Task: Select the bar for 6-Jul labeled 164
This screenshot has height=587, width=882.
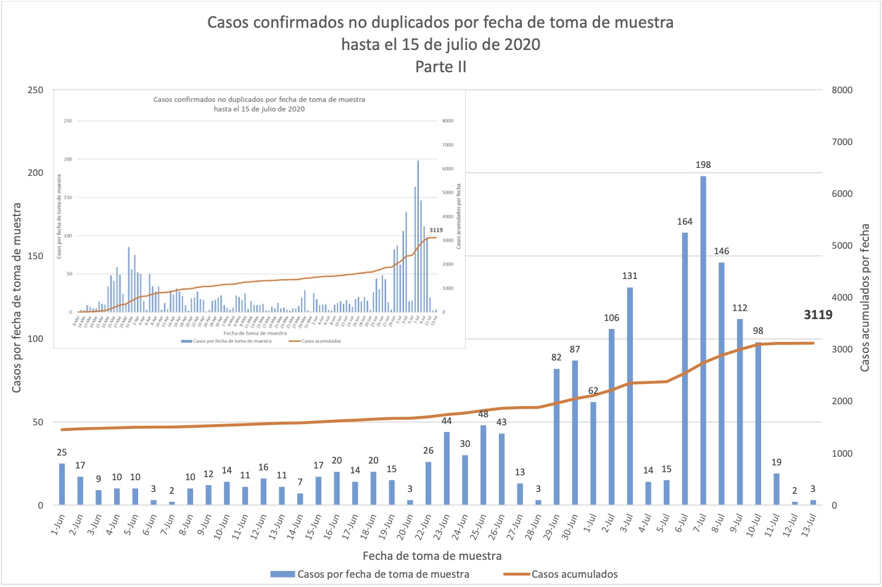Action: pos(685,368)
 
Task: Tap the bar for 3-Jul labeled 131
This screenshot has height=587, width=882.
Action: pos(630,396)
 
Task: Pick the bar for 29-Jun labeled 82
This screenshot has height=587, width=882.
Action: pos(556,436)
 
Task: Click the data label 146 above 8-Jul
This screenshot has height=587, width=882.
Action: pos(721,251)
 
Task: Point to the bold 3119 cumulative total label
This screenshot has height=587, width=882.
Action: pos(818,315)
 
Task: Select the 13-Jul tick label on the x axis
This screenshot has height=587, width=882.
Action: pos(809,526)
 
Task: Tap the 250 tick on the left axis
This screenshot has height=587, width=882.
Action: pos(36,90)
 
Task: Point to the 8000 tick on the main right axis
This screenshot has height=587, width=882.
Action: pos(842,90)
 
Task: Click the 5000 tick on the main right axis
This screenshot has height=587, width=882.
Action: pos(842,246)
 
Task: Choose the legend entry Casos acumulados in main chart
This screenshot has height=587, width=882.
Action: pos(574,574)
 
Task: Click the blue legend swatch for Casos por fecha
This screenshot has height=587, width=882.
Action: pos(282,574)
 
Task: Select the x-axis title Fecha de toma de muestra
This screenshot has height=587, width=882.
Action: pos(432,556)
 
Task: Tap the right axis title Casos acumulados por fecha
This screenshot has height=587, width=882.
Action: pos(865,298)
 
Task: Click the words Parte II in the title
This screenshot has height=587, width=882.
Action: pos(440,67)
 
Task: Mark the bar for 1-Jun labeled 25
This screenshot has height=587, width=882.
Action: pos(62,484)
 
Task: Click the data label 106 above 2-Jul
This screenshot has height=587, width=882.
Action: pos(611,318)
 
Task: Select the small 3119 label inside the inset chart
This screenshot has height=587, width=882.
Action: pos(436,230)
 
